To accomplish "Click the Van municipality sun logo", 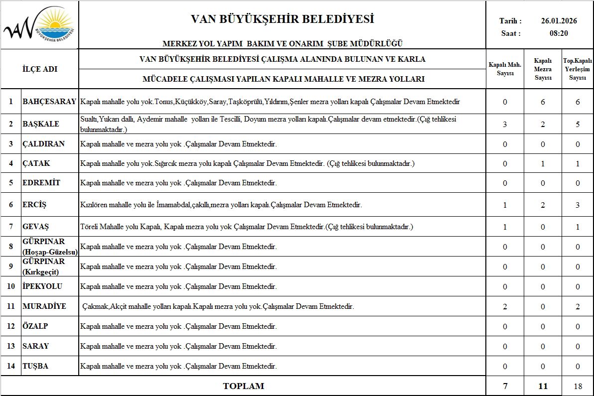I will coord(39,24).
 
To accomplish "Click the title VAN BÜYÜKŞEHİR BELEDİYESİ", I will coord(282,19).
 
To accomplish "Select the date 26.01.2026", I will coord(559,21).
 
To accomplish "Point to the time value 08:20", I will coord(559,33).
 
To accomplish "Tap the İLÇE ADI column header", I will coord(40,69).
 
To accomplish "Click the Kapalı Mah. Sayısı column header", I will coord(505,69).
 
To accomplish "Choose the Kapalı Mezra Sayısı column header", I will coord(543,69).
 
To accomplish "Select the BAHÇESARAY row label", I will coord(49,102).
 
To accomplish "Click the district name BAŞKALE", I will coord(41,124).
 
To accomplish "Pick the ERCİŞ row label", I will coord(34,205).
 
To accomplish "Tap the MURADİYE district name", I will coord(44,306).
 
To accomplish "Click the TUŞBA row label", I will coord(35,366).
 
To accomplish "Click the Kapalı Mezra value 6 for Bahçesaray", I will coord(543,102).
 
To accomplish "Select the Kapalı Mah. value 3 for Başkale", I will coord(505,124).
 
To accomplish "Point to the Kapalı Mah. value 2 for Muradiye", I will coord(505,306).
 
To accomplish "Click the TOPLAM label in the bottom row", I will coord(243,386).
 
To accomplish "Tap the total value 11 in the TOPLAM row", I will coord(543,386).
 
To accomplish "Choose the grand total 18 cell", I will coord(578,386).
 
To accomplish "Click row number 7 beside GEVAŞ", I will coord(10,227).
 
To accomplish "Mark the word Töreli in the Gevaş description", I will coord(89,227).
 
